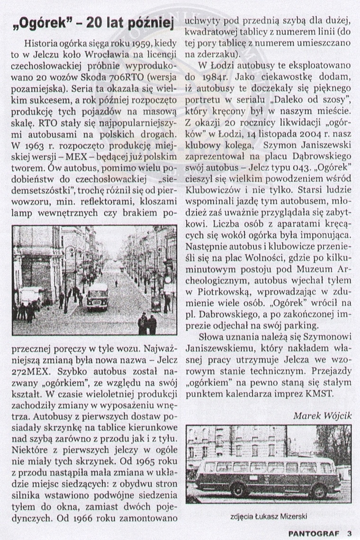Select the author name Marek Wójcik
[x=322, y=416]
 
